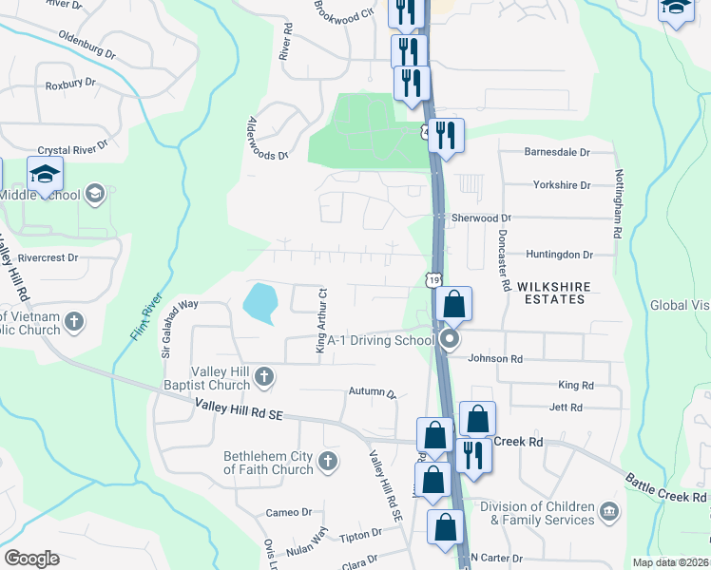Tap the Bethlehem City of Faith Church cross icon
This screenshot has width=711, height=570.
tap(327, 463)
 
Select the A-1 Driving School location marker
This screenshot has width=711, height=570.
tap(452, 339)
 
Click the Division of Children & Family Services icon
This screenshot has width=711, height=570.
tap(608, 513)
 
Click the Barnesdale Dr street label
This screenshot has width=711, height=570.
tap(557, 152)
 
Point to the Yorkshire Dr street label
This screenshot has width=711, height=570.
tap(562, 185)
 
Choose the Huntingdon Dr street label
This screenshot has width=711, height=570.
tap(559, 255)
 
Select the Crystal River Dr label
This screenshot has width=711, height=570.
tap(72, 151)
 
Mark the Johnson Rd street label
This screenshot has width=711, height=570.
tap(495, 359)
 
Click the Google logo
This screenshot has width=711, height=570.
tap(31, 559)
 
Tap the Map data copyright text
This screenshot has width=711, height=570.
tap(670, 562)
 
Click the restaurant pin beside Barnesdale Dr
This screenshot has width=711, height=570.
tap(445, 135)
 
